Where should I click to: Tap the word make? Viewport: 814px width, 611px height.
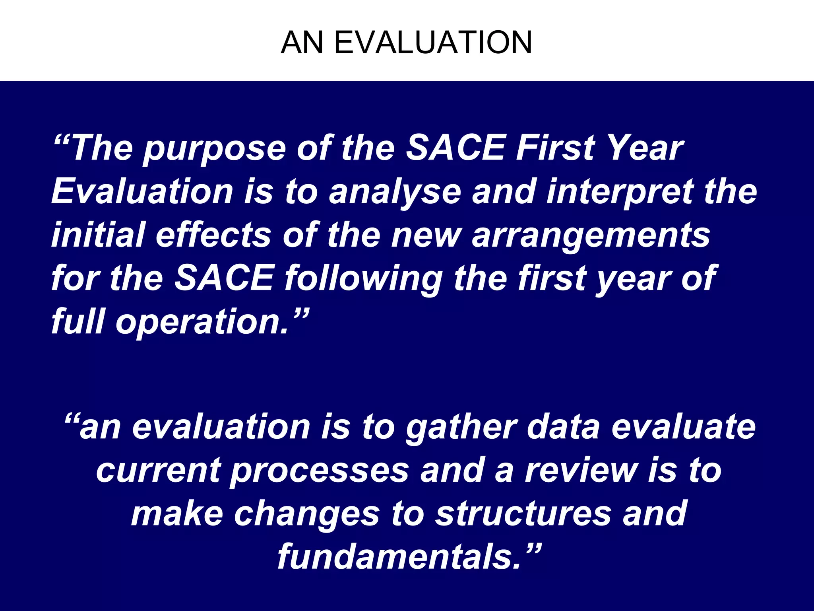(x=177, y=514)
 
